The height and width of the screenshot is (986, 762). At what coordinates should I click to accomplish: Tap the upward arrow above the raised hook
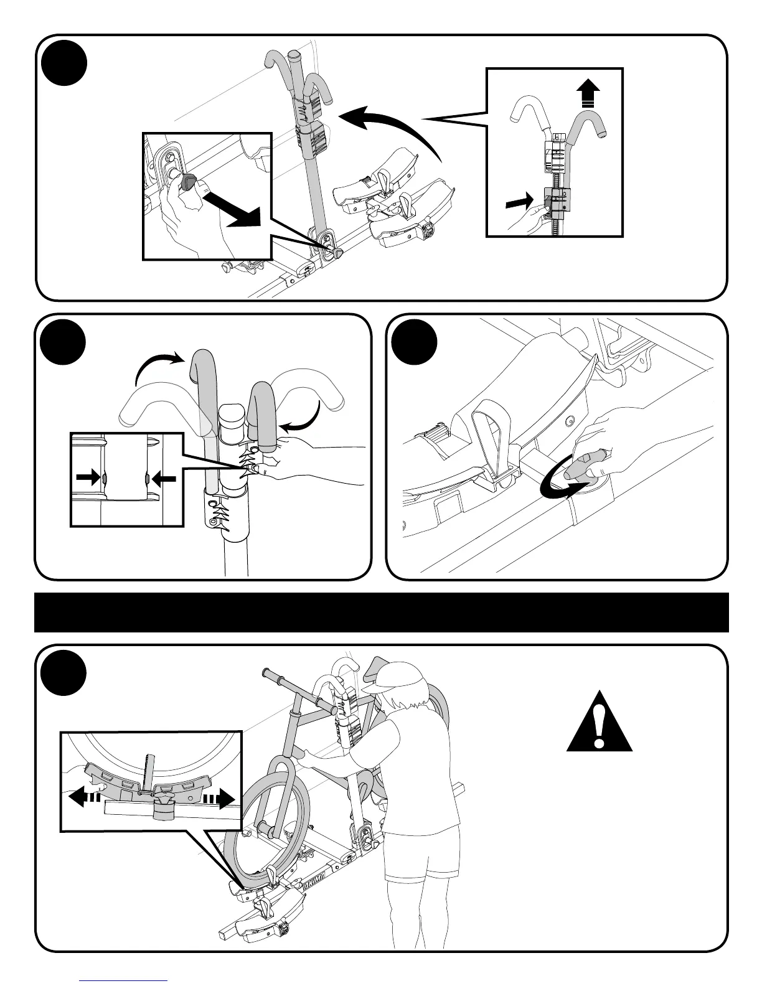point(589,95)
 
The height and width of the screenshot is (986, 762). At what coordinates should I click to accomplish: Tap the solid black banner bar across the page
point(381,612)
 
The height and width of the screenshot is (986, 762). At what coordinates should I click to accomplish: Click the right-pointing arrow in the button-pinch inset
point(87,478)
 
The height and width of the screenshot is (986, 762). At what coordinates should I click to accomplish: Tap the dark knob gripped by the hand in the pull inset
point(187,182)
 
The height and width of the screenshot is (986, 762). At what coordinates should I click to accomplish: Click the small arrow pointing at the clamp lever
point(520,200)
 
